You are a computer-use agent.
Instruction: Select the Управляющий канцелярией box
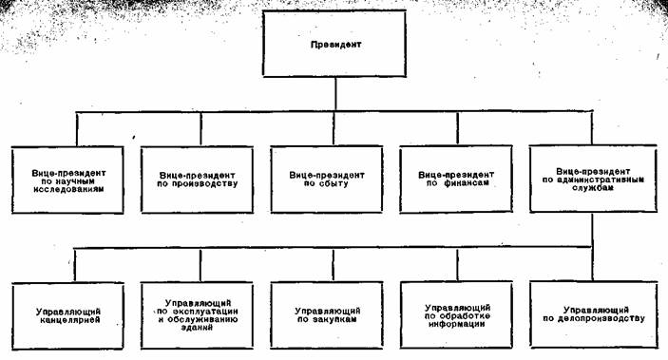pos(72,314)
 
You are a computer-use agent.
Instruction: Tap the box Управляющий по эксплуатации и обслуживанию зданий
pos(202,314)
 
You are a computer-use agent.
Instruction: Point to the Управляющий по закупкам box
pos(333,314)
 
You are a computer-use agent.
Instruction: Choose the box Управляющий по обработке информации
pos(463,314)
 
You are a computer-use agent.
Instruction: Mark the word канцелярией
pos(72,320)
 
